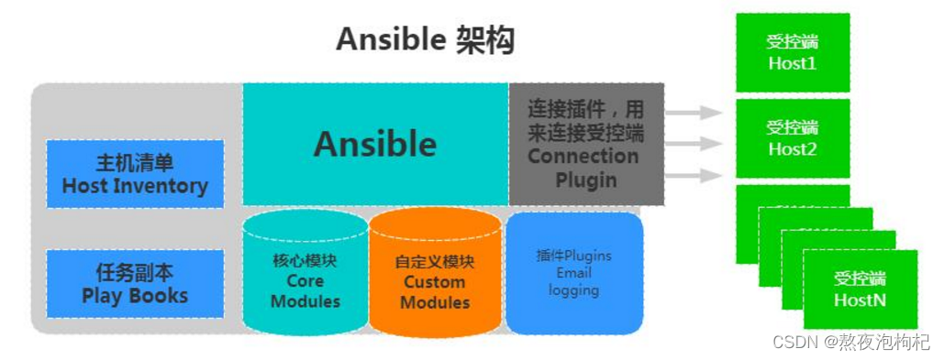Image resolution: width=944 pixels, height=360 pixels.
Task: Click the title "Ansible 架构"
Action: tap(425, 39)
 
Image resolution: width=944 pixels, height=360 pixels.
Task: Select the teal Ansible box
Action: tap(375, 144)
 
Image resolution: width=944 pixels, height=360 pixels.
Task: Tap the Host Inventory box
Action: tap(135, 174)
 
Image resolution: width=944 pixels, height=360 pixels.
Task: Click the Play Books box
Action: tap(135, 284)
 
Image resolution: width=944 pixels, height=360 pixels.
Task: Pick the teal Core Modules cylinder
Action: tap(305, 275)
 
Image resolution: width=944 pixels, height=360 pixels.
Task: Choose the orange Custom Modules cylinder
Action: tap(435, 275)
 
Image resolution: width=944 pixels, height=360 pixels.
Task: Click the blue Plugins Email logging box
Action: tap(573, 273)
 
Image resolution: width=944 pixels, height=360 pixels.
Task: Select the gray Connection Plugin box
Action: tap(585, 144)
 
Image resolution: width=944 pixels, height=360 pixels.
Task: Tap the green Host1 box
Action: tap(793, 52)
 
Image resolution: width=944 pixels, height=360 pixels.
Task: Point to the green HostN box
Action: tap(860, 289)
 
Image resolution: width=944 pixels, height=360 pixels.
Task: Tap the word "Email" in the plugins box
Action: tap(573, 273)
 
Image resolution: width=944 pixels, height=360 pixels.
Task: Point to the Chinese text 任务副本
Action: tap(135, 273)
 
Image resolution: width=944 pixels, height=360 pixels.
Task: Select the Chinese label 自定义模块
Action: tap(435, 262)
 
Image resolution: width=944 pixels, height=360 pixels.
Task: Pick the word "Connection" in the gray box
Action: tap(583, 156)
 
